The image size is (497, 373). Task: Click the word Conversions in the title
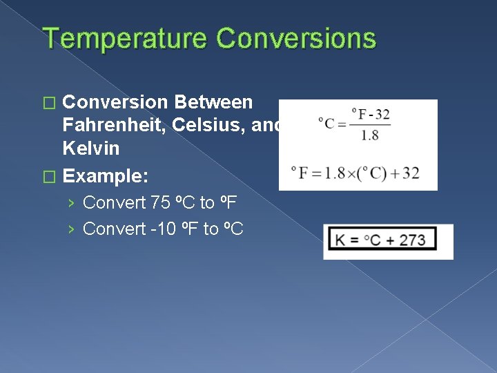pyautogui.click(x=297, y=39)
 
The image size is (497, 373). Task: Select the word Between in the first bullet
pyautogui.click(x=214, y=102)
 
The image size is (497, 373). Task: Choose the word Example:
pyautogui.click(x=105, y=175)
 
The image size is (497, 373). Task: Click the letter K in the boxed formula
pyautogui.click(x=340, y=240)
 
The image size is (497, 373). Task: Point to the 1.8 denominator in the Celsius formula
pyautogui.click(x=369, y=135)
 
